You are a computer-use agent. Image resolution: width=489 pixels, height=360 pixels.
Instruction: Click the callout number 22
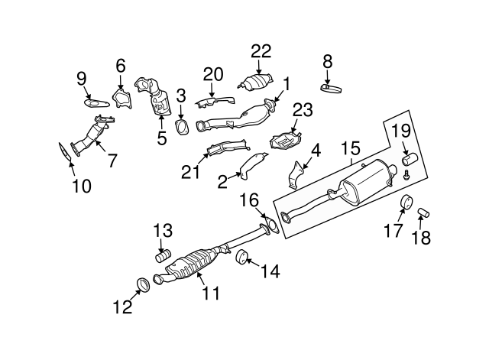(261, 51)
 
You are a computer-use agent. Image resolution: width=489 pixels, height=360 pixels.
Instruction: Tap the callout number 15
(350, 148)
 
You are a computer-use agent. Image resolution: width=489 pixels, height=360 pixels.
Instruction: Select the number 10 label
(81, 185)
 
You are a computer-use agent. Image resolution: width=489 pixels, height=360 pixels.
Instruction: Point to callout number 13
(162, 229)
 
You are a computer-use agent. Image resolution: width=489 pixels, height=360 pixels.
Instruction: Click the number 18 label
(421, 238)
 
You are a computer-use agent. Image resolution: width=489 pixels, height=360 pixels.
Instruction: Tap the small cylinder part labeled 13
(162, 255)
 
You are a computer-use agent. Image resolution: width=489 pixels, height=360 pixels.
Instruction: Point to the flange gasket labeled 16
(266, 226)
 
